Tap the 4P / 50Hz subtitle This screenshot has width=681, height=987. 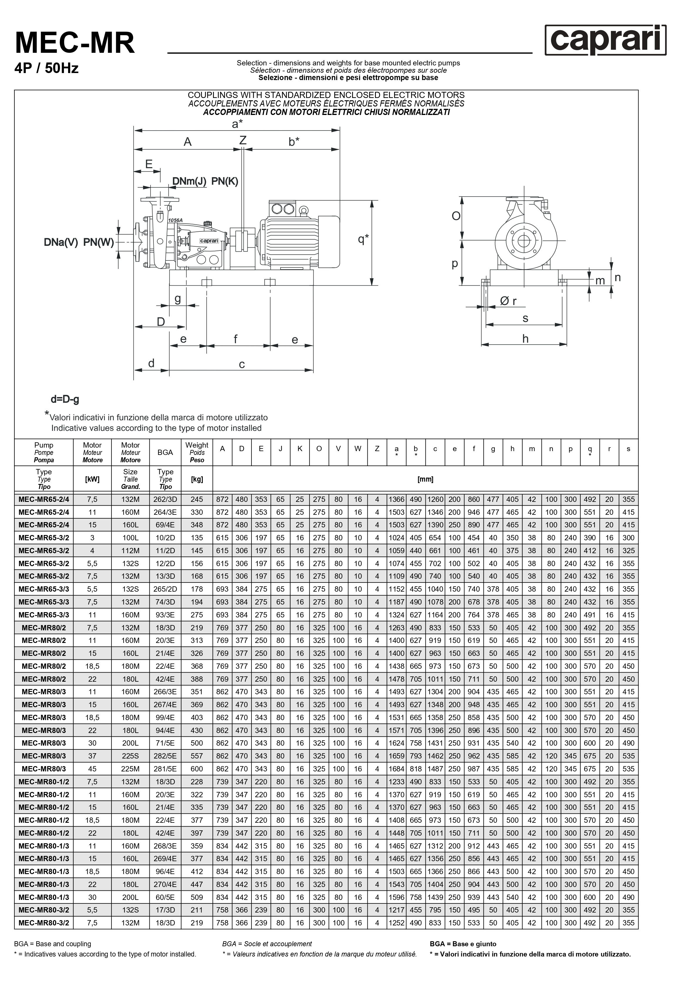47,68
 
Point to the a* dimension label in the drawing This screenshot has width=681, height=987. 237,124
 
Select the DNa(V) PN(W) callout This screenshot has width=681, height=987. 79,242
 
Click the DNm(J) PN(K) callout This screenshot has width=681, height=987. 205,181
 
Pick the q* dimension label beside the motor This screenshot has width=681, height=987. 363,239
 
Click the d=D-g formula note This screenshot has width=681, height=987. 65,400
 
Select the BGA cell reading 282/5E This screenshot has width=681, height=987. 165,756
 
